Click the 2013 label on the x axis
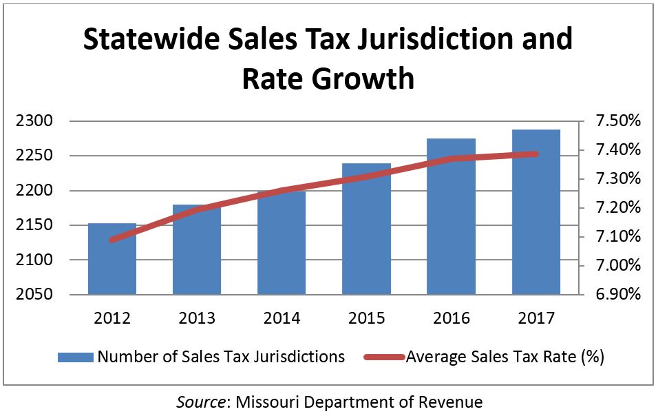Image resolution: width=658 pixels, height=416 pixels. click(x=197, y=319)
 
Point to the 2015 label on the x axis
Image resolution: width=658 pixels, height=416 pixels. click(x=366, y=319)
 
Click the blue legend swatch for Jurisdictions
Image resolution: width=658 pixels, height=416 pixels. click(x=75, y=357)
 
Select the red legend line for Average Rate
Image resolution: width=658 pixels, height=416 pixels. click(x=381, y=357)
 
